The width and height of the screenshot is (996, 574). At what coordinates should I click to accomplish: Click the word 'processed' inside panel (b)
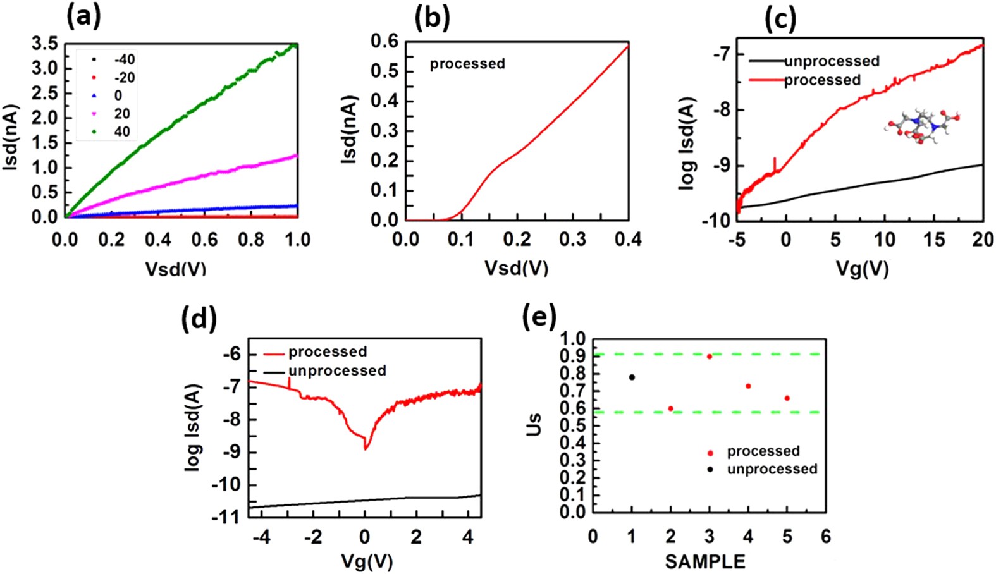click(x=467, y=64)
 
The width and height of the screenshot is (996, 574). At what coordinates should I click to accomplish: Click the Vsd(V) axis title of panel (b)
click(x=516, y=267)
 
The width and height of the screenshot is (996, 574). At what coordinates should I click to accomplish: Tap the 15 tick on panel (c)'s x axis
click(x=934, y=240)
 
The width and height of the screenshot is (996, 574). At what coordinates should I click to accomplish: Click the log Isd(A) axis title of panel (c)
click(x=687, y=143)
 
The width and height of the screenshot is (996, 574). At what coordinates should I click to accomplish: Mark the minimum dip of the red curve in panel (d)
click(x=366, y=448)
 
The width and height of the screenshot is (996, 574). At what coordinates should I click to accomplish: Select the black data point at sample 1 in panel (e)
click(x=632, y=377)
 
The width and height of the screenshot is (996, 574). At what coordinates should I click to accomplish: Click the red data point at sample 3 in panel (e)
click(x=710, y=357)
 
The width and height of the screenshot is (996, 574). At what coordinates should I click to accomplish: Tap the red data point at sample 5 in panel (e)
click(x=787, y=398)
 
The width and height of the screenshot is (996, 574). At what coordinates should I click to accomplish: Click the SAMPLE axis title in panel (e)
click(x=704, y=561)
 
